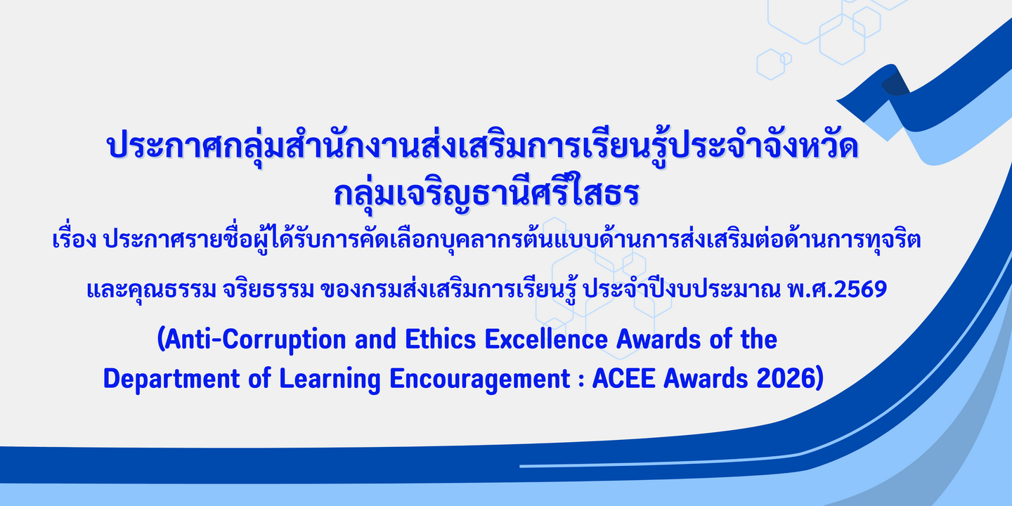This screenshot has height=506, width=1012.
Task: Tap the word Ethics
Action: [441, 339]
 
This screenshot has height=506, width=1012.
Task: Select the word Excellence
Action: [546, 339]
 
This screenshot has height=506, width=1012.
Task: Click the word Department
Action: [171, 379]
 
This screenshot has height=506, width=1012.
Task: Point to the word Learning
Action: [330, 379]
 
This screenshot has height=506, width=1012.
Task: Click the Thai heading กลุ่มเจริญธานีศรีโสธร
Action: [486, 193]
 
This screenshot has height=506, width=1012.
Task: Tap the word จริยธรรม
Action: [268, 289]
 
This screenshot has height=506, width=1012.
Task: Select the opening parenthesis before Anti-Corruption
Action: [161, 339]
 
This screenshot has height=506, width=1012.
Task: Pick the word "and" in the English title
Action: [375, 339]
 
